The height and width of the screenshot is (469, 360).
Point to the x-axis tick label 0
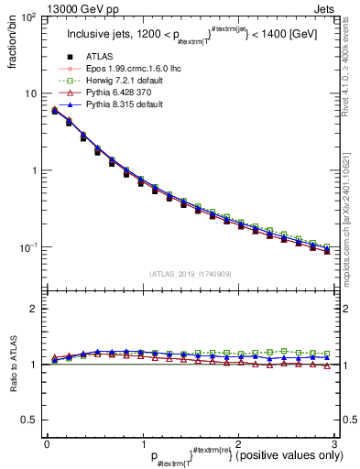click(x=47, y=443)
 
